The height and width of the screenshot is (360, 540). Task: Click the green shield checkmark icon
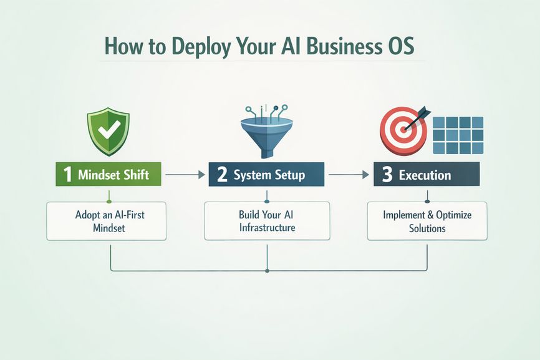[108, 131]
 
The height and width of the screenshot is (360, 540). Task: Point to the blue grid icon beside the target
[459, 135]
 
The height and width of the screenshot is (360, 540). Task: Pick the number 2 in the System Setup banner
[223, 175]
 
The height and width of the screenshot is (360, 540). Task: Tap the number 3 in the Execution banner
[387, 175]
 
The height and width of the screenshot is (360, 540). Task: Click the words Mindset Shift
[114, 175]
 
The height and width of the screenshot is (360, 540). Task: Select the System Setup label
[269, 175]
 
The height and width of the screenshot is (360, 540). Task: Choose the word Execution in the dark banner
[425, 175]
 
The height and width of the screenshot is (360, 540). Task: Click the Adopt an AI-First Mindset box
[106, 221]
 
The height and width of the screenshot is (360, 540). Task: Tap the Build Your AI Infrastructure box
[267, 221]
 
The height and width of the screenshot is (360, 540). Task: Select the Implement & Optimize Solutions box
[427, 221]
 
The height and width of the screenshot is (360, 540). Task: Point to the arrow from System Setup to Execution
[347, 175]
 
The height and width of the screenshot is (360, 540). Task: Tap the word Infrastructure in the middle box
[267, 228]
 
